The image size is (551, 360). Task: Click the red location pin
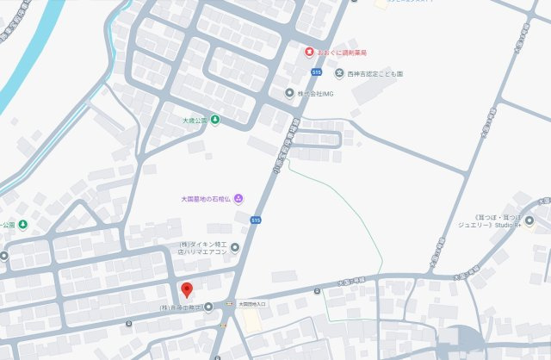click(186, 289)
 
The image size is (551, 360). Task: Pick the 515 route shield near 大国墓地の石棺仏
click(256, 220)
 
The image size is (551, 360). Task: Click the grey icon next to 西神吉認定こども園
click(339, 73)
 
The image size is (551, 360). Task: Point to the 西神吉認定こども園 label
click(375, 73)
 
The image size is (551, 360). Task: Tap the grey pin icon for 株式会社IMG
click(290, 92)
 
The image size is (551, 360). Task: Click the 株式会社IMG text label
click(314, 92)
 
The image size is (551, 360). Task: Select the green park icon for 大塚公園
click(214, 120)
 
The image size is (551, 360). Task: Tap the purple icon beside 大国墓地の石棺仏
click(238, 199)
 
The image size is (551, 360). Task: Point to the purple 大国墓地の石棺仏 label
click(207, 199)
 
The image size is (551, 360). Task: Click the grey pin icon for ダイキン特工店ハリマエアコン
click(235, 249)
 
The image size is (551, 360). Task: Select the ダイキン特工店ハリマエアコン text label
click(204, 249)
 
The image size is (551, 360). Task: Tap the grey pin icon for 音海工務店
click(207, 307)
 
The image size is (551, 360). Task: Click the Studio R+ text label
click(499, 226)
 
